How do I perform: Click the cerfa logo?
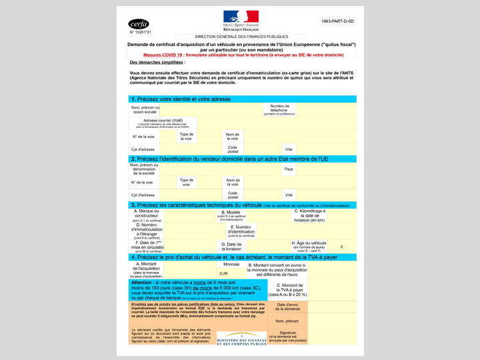(x=139, y=23)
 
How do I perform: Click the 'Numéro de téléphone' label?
(x=279, y=109)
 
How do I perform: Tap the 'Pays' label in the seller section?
(x=289, y=169)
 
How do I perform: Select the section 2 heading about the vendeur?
(x=229, y=159)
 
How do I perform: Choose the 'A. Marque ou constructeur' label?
(x=146, y=215)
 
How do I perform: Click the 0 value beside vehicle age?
(x=341, y=247)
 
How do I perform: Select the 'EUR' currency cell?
(x=223, y=273)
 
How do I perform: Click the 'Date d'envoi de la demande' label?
(x=288, y=307)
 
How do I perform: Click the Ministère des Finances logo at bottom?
(x=241, y=339)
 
